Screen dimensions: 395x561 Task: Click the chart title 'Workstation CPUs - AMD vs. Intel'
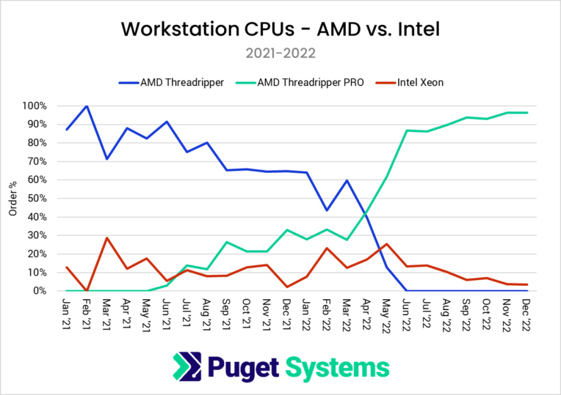tap(280, 29)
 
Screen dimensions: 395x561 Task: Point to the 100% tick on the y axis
tap(37, 106)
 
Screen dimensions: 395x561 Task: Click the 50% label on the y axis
tap(39, 199)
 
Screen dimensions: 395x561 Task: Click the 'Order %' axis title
tap(12, 199)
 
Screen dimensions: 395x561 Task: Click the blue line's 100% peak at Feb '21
tap(87, 106)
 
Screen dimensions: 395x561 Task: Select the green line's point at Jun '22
tap(407, 130)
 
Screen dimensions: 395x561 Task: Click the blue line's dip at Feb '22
tap(327, 210)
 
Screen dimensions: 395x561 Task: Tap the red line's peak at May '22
tap(387, 244)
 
